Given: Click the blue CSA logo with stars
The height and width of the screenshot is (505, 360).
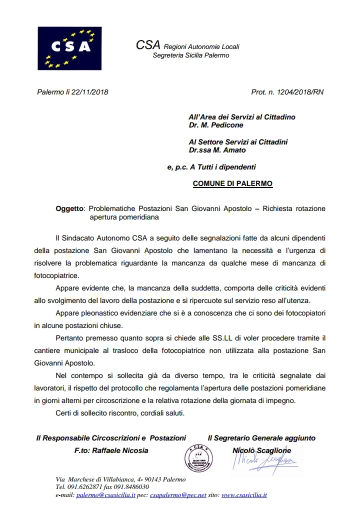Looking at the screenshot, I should pyautogui.click(x=69, y=47).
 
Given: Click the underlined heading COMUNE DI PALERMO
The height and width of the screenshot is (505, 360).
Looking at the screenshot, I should pyautogui.click(x=232, y=183).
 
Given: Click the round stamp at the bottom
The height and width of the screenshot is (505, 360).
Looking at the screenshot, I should pyautogui.click(x=198, y=459).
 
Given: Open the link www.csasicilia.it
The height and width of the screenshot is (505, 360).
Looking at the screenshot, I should pyautogui.click(x=243, y=495).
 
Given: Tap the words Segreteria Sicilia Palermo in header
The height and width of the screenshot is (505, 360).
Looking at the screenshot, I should pyautogui.click(x=190, y=55).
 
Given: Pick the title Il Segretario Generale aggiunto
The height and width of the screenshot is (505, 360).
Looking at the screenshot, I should pyautogui.click(x=261, y=438).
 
